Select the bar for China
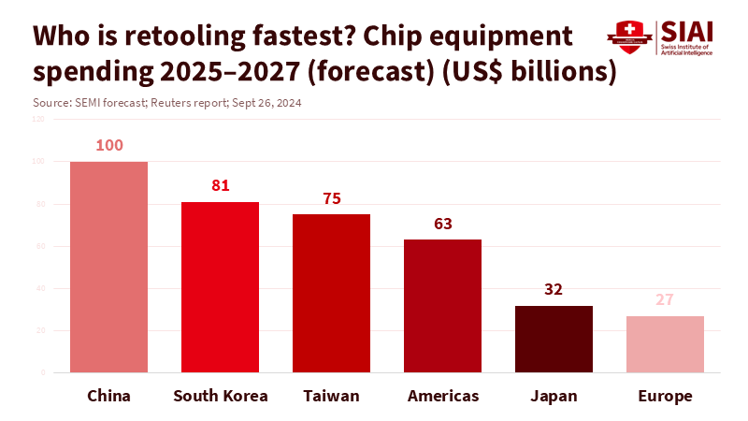click(x=108, y=267)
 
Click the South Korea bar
click(x=220, y=287)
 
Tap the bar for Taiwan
click(x=331, y=293)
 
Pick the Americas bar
click(x=442, y=306)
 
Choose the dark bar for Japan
click(x=554, y=339)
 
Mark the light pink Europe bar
click(x=665, y=344)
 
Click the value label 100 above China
click(x=108, y=146)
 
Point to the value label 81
click(x=221, y=185)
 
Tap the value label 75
click(x=332, y=198)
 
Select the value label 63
click(x=443, y=224)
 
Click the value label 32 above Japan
click(x=554, y=289)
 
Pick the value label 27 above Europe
click(x=665, y=300)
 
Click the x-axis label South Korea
click(x=221, y=396)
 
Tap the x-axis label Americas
click(x=443, y=396)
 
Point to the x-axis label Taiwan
click(x=331, y=396)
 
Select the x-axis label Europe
click(x=665, y=396)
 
